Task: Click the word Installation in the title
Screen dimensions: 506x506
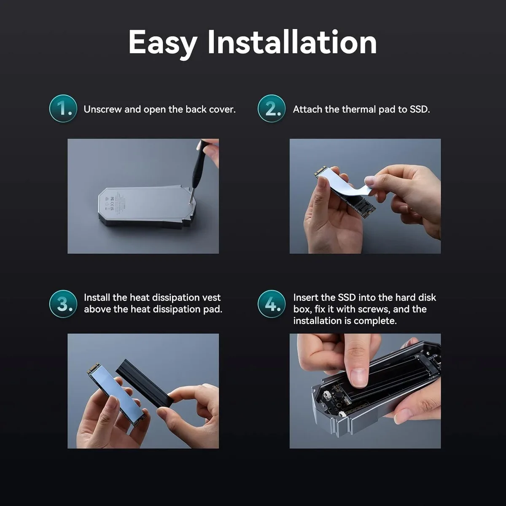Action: coord(292,42)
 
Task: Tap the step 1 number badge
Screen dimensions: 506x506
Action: coord(63,108)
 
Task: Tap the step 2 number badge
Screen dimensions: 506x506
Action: coord(272,108)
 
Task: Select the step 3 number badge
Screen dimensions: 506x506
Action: coord(63,304)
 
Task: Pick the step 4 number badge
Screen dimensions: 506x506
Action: coord(272,304)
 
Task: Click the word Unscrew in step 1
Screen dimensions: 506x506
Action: coord(102,110)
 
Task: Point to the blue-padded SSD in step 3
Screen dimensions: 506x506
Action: coord(116,396)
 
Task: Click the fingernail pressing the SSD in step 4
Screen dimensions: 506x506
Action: coord(358,378)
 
